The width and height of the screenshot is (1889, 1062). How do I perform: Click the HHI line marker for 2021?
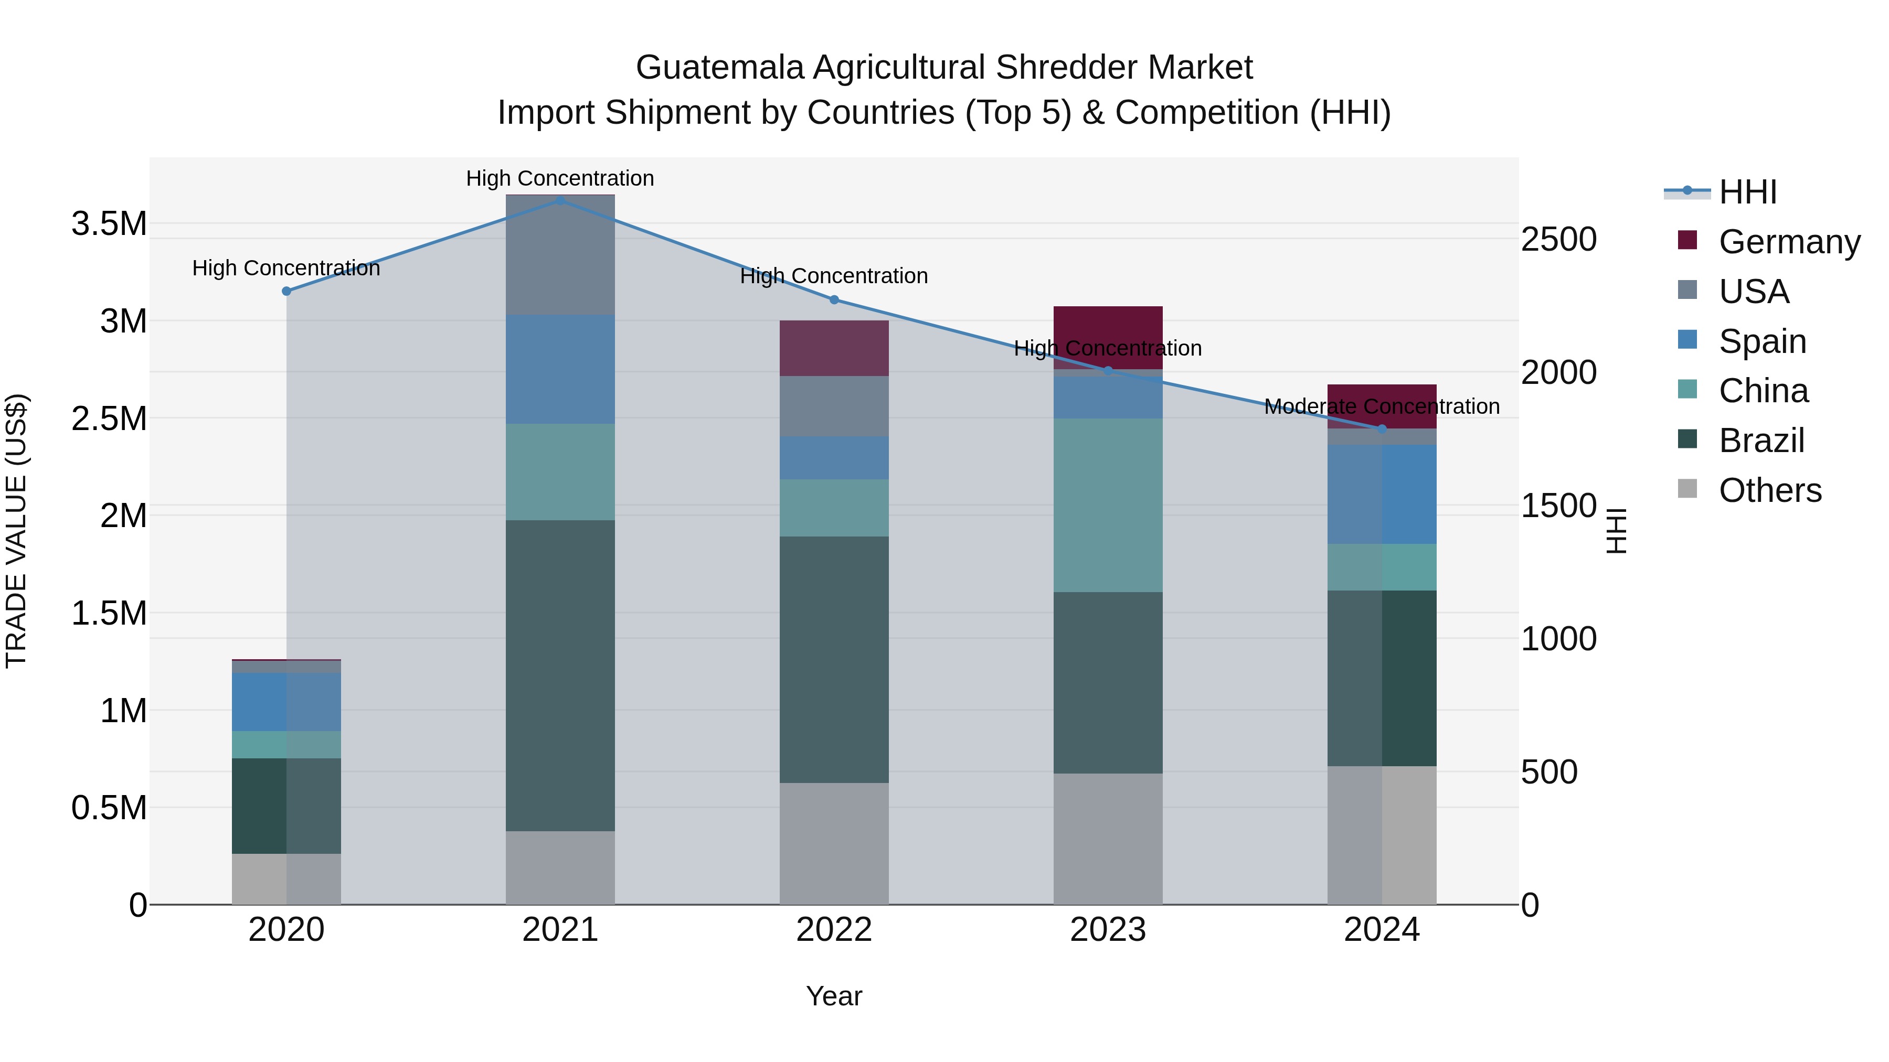coord(560,200)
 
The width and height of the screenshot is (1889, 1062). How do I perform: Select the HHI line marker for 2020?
coord(286,291)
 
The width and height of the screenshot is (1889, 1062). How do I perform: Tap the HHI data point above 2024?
coord(1382,429)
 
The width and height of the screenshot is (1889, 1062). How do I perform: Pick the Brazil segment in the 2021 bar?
coord(560,675)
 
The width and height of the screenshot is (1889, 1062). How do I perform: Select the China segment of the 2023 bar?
coord(1108,505)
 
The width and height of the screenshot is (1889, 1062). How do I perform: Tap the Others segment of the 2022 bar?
coord(834,843)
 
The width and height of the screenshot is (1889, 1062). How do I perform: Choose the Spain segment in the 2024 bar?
coord(1382,494)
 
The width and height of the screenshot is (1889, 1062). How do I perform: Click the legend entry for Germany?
coord(1789,242)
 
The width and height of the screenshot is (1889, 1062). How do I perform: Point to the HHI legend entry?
coord(1747,192)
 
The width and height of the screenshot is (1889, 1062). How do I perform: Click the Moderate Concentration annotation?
coord(1382,406)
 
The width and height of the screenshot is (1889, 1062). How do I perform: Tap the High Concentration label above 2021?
coord(560,178)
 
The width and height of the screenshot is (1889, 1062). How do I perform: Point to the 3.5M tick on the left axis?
coord(109,223)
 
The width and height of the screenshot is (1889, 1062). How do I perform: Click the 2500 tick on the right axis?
coord(1558,240)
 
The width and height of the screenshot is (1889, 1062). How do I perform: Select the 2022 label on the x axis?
coord(834,930)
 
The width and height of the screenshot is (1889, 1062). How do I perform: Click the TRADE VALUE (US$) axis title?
coord(16,531)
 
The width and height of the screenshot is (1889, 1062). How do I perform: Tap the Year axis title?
coord(834,996)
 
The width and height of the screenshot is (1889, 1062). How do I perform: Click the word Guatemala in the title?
coord(719,68)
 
